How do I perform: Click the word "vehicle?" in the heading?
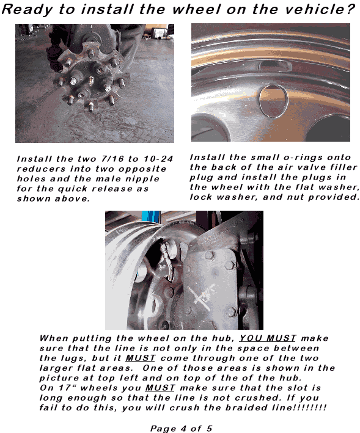click(320, 9)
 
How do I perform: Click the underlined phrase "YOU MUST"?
click(268, 338)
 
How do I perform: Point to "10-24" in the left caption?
click(158, 159)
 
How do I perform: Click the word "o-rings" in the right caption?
click(287, 158)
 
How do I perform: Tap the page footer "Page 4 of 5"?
click(182, 428)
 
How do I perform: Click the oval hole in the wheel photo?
click(274, 101)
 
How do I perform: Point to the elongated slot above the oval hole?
click(274, 66)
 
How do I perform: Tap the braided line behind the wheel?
click(167, 263)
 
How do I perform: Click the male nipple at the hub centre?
click(90, 81)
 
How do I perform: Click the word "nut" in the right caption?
click(296, 197)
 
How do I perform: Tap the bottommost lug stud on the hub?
click(90, 107)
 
